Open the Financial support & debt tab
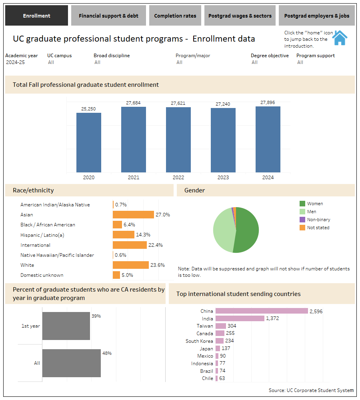click(x=108, y=16)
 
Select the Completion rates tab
click(x=175, y=16)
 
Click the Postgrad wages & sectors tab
click(x=240, y=16)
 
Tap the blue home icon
click(x=340, y=38)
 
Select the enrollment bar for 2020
click(x=89, y=142)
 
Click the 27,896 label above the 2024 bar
click(x=268, y=103)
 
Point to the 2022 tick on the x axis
click(x=178, y=177)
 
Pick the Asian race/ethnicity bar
click(x=133, y=215)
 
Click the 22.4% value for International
click(x=156, y=245)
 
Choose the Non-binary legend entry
click(x=318, y=220)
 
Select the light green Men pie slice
click(x=223, y=230)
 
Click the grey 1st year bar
click(x=66, y=326)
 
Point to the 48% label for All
click(x=107, y=353)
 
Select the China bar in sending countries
click(x=262, y=311)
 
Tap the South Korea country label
click(x=199, y=341)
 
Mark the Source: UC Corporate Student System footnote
click(x=311, y=390)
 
